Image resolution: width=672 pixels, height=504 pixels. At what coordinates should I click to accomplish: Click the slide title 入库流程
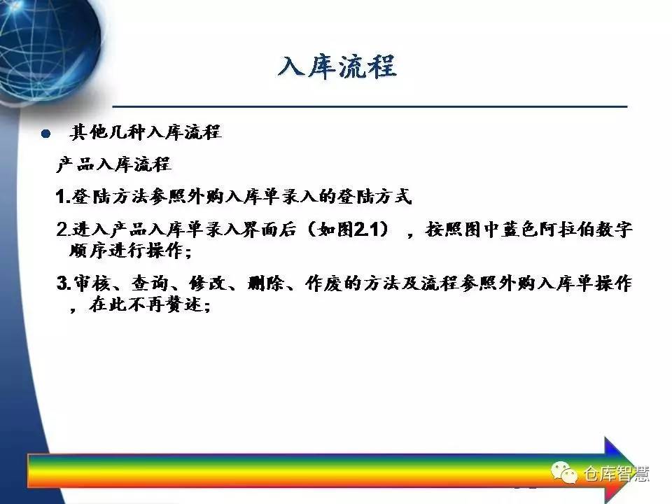pyautogui.click(x=337, y=67)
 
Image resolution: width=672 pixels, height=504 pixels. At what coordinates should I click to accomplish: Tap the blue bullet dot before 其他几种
pyautogui.click(x=46, y=134)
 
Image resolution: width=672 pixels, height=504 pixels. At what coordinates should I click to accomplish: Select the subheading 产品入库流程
pyautogui.click(x=113, y=164)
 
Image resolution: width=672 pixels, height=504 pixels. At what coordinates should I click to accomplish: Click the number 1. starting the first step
pyautogui.click(x=62, y=197)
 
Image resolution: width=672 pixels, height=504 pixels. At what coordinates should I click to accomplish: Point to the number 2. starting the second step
pyautogui.click(x=62, y=230)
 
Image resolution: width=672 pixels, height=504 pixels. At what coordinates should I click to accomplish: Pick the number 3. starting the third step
pyautogui.click(x=63, y=283)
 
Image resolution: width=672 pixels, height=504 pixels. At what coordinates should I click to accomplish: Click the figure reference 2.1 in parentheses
pyautogui.click(x=367, y=230)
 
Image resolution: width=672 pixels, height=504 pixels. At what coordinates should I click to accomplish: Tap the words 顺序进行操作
pyautogui.click(x=127, y=251)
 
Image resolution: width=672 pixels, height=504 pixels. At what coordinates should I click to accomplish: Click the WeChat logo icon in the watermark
pyautogui.click(x=563, y=472)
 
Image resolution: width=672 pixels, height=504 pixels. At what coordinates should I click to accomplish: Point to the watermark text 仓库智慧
pyautogui.click(x=616, y=474)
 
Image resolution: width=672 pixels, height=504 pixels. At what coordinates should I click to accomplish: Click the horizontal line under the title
pyautogui.click(x=370, y=106)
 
